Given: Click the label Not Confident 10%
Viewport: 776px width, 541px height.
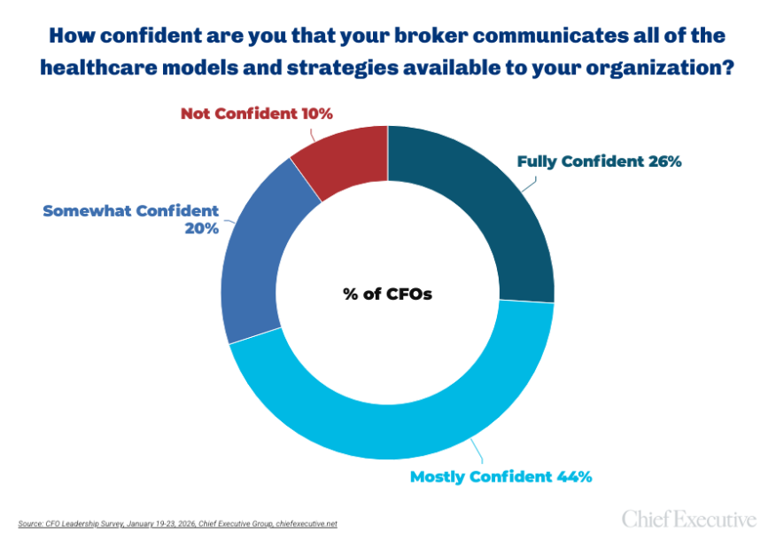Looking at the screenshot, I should [x=256, y=114].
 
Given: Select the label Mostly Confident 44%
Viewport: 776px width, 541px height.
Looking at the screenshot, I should [x=501, y=477].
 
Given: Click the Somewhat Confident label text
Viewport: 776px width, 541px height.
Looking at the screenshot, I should [x=130, y=211].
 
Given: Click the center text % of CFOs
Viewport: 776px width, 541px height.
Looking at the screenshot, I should [x=387, y=293].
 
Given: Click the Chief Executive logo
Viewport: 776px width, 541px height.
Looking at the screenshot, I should [x=689, y=518].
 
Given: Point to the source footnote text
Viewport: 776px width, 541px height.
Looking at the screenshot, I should [x=177, y=523].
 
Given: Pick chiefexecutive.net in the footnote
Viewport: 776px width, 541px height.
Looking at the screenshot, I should [x=305, y=523].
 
